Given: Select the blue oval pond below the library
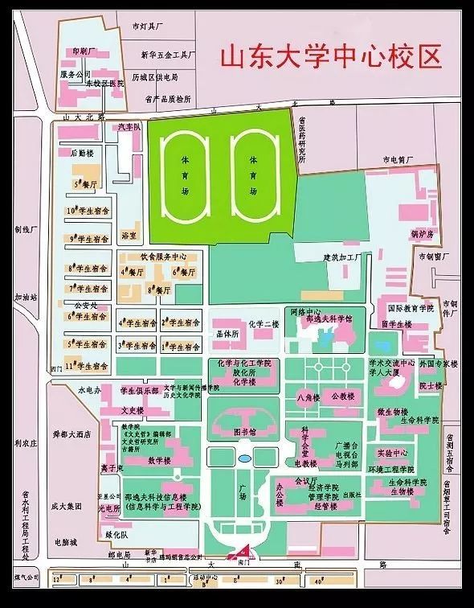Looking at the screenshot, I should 244,459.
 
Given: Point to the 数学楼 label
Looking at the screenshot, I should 161,461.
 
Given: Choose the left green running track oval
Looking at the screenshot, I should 185,176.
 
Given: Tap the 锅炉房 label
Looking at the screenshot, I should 423,235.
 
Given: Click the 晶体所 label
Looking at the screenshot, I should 228,333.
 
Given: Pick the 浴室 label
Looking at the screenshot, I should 129,236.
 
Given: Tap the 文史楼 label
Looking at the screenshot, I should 132,409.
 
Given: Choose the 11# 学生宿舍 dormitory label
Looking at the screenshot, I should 88,366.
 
